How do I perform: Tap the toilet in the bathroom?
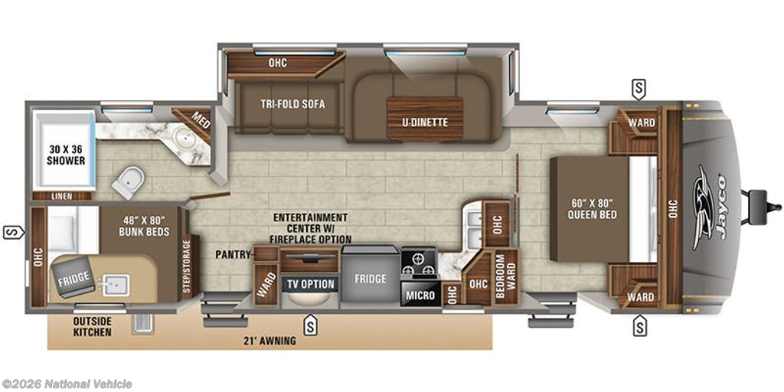pyautogui.click(x=127, y=182)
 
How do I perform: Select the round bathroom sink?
pyautogui.click(x=184, y=139)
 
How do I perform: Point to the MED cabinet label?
pyautogui.click(x=200, y=120)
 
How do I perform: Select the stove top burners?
pyautogui.click(x=418, y=264)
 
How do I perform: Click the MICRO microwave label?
pyautogui.click(x=420, y=296)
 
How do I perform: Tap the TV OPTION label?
pyautogui.click(x=310, y=284)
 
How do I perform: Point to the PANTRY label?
pyautogui.click(x=234, y=253)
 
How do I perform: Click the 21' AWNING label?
pyautogui.click(x=270, y=341)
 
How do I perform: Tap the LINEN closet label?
pyautogui.click(x=63, y=197)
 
